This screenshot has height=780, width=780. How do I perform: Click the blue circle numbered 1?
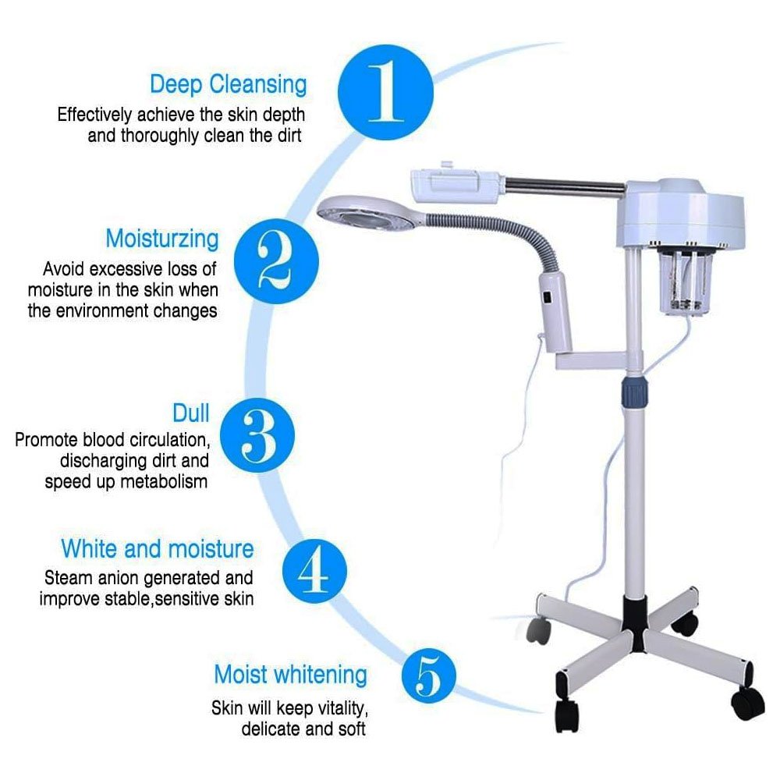385,93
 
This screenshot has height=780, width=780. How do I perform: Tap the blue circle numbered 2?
276,261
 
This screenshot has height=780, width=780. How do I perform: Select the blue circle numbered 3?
257,435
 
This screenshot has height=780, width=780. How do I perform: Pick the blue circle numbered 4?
314,571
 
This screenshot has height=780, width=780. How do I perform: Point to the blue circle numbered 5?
428,675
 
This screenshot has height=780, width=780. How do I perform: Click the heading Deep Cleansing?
229,84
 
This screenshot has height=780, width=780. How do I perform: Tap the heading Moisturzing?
162,239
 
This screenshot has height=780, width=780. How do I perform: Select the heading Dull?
191,413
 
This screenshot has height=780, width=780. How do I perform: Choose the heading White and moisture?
158,549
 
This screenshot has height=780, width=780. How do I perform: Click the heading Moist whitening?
290,675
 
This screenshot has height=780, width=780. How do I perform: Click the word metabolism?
164,481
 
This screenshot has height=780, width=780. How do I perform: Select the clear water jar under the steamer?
687,279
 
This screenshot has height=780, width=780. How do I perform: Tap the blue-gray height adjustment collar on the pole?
635,392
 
